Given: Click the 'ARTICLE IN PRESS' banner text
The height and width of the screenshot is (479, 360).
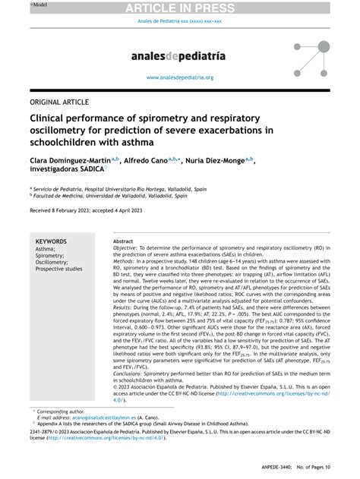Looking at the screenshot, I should point(180,7).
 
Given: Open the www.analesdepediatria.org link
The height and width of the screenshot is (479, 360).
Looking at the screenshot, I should point(180,77).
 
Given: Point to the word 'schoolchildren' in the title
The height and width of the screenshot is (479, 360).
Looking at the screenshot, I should point(66,143).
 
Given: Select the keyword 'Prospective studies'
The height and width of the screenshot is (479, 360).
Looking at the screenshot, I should point(58,269).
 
